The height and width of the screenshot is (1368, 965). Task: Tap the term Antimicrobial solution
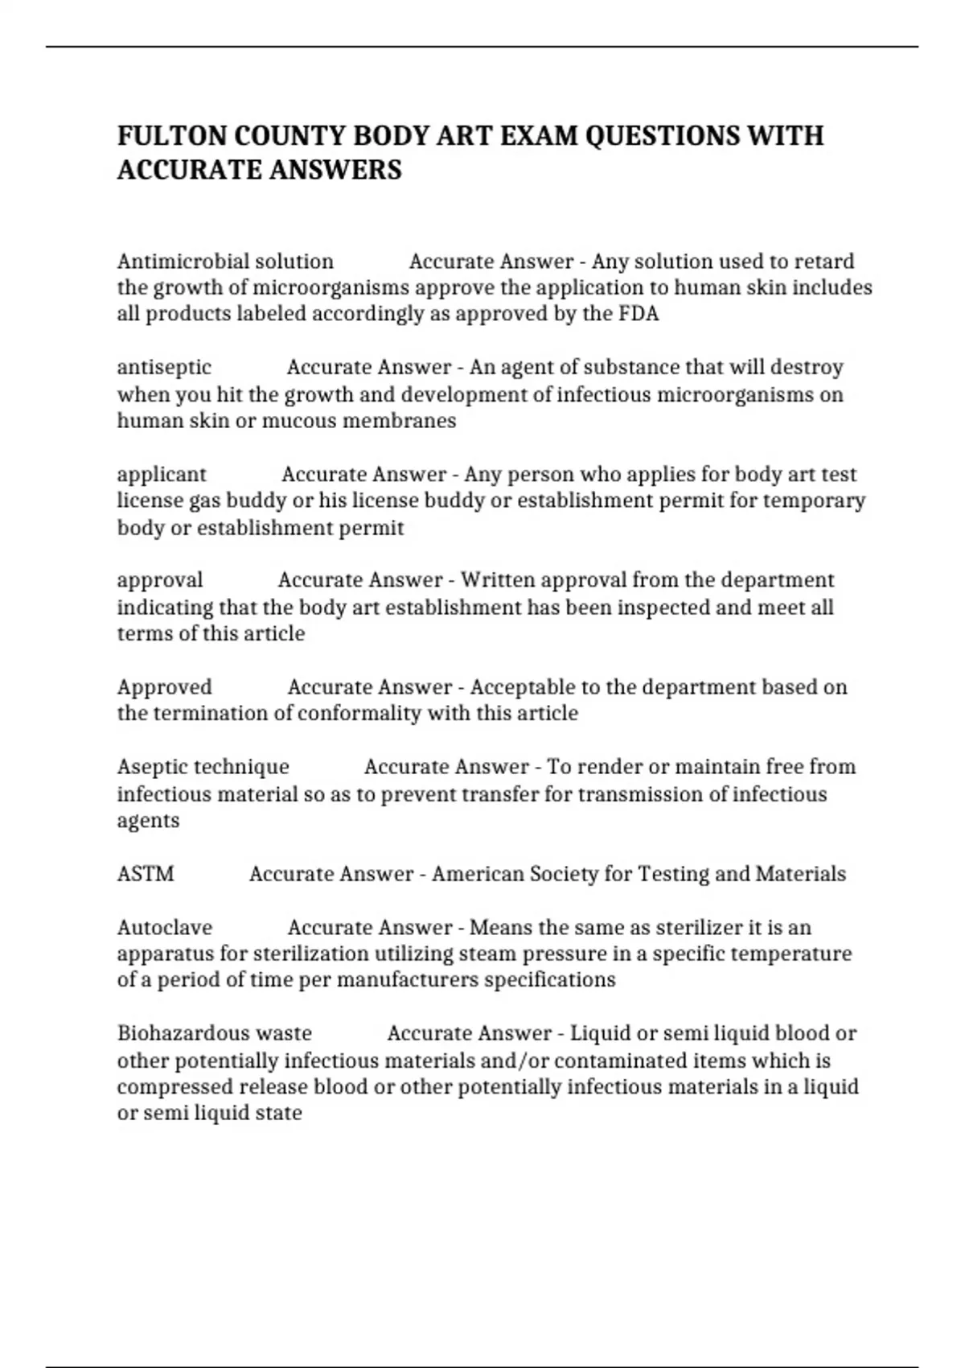point(225,262)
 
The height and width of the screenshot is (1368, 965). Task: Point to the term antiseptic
point(164,368)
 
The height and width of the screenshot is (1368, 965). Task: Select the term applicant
point(162,475)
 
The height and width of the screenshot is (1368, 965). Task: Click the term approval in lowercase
point(160,580)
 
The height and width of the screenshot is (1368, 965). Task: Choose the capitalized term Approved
point(165,687)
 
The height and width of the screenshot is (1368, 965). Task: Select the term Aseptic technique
point(203,767)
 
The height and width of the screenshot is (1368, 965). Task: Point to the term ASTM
point(146,874)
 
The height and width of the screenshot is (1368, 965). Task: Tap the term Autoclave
point(165,928)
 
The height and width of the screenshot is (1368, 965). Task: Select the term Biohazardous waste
point(214,1033)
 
